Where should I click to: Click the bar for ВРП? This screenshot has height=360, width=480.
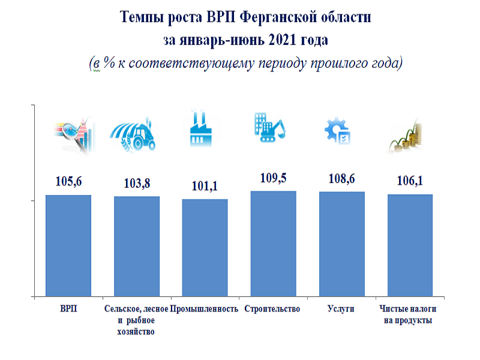coord(68,245)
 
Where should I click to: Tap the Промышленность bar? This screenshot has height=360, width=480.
coord(205,248)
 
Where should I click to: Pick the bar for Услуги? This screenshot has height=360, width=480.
coord(341,244)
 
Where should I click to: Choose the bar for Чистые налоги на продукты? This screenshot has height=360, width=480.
coord(410,245)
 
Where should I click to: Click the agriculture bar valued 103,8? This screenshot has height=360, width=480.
coord(137,246)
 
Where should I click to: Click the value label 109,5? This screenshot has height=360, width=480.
coord(273,178)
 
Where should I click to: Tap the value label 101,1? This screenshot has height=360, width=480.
coord(205,186)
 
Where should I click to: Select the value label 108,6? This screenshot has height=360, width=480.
coord(341,179)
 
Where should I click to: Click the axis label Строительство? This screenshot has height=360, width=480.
coord(272,309)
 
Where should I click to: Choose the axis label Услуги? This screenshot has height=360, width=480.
coord(341,309)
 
